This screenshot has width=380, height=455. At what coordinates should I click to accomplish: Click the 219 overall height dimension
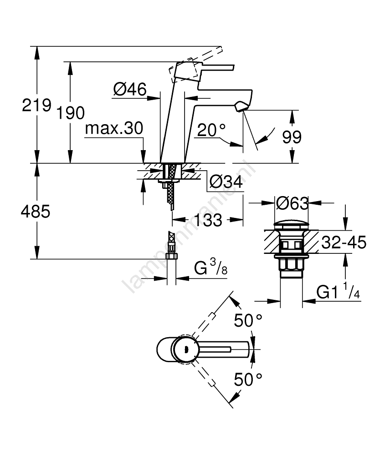click(37, 106)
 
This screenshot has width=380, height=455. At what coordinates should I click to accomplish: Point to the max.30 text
click(114, 129)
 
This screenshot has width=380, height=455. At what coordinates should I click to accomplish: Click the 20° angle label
click(211, 131)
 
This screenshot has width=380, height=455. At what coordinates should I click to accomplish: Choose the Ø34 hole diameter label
click(226, 182)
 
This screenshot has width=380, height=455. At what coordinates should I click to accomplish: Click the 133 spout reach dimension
click(208, 220)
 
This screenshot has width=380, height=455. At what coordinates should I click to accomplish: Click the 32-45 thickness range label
click(344, 243)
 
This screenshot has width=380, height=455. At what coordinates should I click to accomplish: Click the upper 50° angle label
click(249, 320)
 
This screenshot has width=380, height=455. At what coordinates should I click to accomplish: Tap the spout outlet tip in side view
click(240, 107)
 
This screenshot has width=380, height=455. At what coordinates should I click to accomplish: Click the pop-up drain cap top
click(292, 224)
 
